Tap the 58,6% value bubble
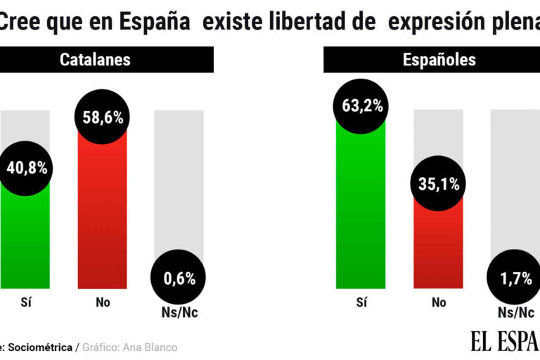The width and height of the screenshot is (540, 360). [x=102, y=117]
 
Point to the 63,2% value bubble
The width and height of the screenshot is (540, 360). [x=361, y=106]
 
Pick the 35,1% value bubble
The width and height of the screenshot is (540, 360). [x=438, y=184]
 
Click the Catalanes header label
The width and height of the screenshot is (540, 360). [x=95, y=59]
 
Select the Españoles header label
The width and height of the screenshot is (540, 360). [x=439, y=59]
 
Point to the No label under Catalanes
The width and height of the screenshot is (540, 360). [x=102, y=303]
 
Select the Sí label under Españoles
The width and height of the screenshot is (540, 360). [x=361, y=303]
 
